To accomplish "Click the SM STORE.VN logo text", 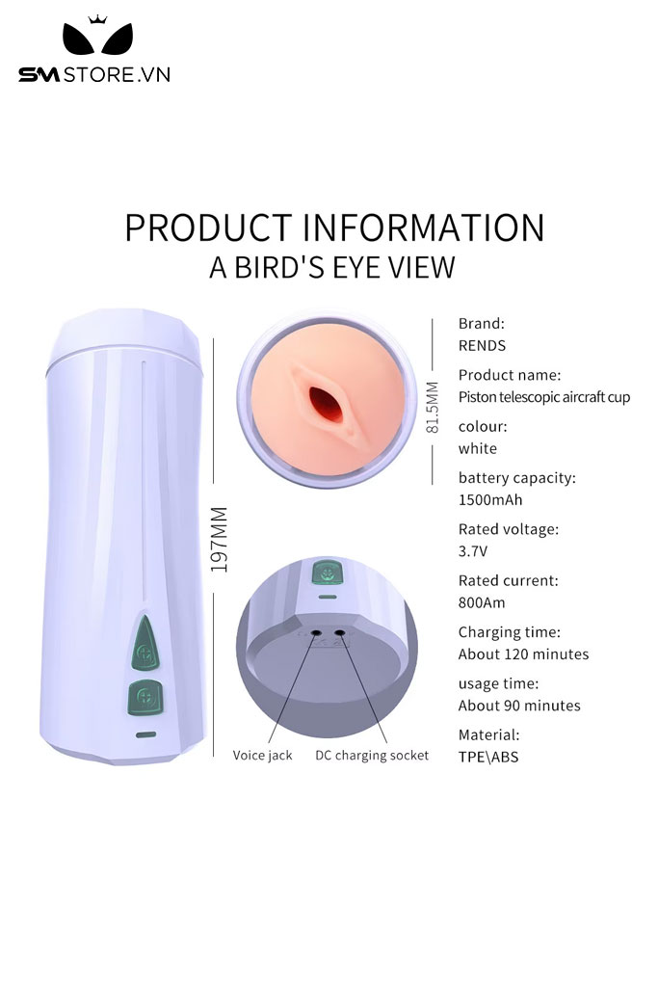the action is (x=94, y=74).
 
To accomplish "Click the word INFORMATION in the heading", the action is (x=424, y=227).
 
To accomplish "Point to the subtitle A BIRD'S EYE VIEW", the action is (x=332, y=267).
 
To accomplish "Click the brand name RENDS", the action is (x=482, y=345).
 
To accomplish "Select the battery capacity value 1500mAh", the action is (x=490, y=499).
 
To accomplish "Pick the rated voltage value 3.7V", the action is (x=474, y=551).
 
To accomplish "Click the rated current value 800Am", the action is (x=482, y=602).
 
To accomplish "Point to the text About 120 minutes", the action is (x=523, y=654).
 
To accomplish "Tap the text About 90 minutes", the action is (x=519, y=705).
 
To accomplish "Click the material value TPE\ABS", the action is (x=488, y=757).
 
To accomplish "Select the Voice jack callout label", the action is (x=262, y=755).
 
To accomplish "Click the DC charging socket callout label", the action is (x=372, y=755).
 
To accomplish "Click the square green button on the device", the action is (x=142, y=697).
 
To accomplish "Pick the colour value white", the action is (x=478, y=448).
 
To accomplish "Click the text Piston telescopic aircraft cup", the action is (x=544, y=396).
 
